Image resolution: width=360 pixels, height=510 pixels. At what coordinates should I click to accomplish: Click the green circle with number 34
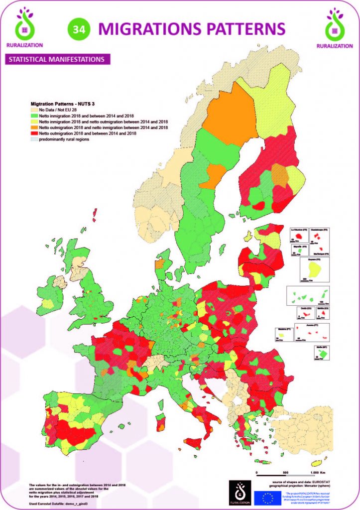click(x=78, y=29)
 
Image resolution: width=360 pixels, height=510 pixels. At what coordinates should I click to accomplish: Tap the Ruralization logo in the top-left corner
click(x=24, y=27)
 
